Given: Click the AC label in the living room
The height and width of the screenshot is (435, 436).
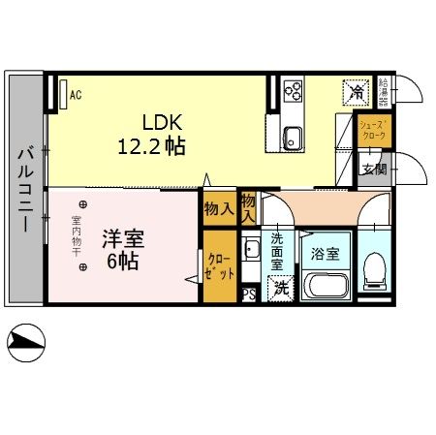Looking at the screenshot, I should tap(75, 95).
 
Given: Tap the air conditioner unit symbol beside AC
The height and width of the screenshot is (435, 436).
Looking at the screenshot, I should tap(62, 95).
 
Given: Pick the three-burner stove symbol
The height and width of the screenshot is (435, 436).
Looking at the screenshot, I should tap(293, 91).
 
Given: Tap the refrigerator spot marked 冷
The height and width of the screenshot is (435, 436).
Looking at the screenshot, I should tap(354, 93).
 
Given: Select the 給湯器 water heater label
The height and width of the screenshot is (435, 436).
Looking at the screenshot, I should tap(385, 91).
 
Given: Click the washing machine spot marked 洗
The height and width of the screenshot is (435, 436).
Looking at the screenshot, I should tap(280, 288).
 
